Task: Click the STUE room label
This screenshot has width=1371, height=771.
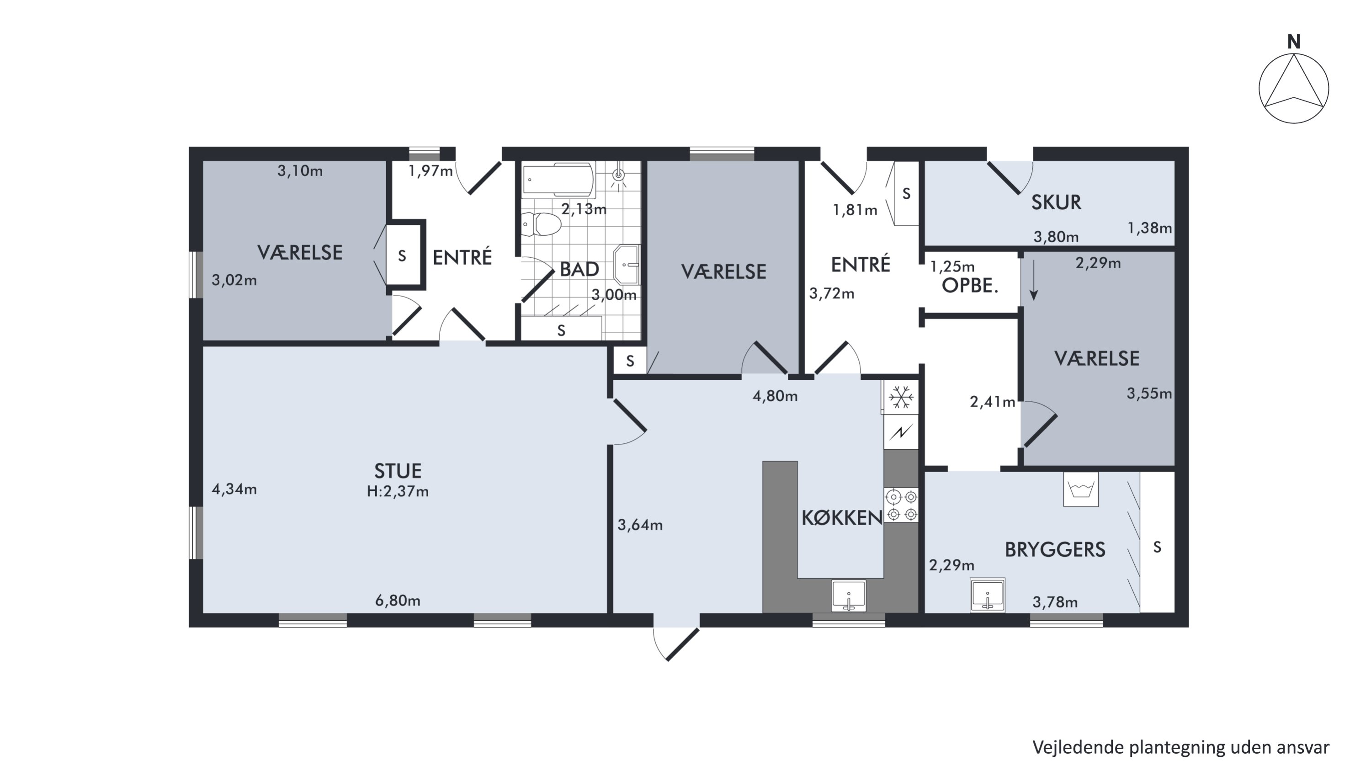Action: pos(398,471)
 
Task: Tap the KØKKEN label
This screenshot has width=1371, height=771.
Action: pos(842,518)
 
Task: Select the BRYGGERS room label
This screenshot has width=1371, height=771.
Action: pos(1055,550)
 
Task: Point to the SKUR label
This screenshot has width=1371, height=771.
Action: pos(1056,202)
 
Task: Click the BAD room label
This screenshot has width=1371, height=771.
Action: pos(579,269)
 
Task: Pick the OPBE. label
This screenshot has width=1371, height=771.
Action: pos(970,286)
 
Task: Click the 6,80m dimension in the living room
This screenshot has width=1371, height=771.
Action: pos(398,601)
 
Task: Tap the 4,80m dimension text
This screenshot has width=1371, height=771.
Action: pos(775,396)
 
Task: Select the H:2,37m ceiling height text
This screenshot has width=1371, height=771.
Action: pos(398,491)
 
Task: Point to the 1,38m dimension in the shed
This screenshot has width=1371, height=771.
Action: pos(1150,228)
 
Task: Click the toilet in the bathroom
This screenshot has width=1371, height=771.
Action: pos(541,224)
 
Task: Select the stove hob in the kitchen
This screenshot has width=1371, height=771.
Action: pos(902,505)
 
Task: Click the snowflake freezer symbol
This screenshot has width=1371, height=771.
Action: pos(901,398)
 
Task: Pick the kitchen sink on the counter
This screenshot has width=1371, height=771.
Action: pos(848,596)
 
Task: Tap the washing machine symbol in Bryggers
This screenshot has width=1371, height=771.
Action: pos(1080,489)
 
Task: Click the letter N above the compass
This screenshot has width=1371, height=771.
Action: pos(1294,42)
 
